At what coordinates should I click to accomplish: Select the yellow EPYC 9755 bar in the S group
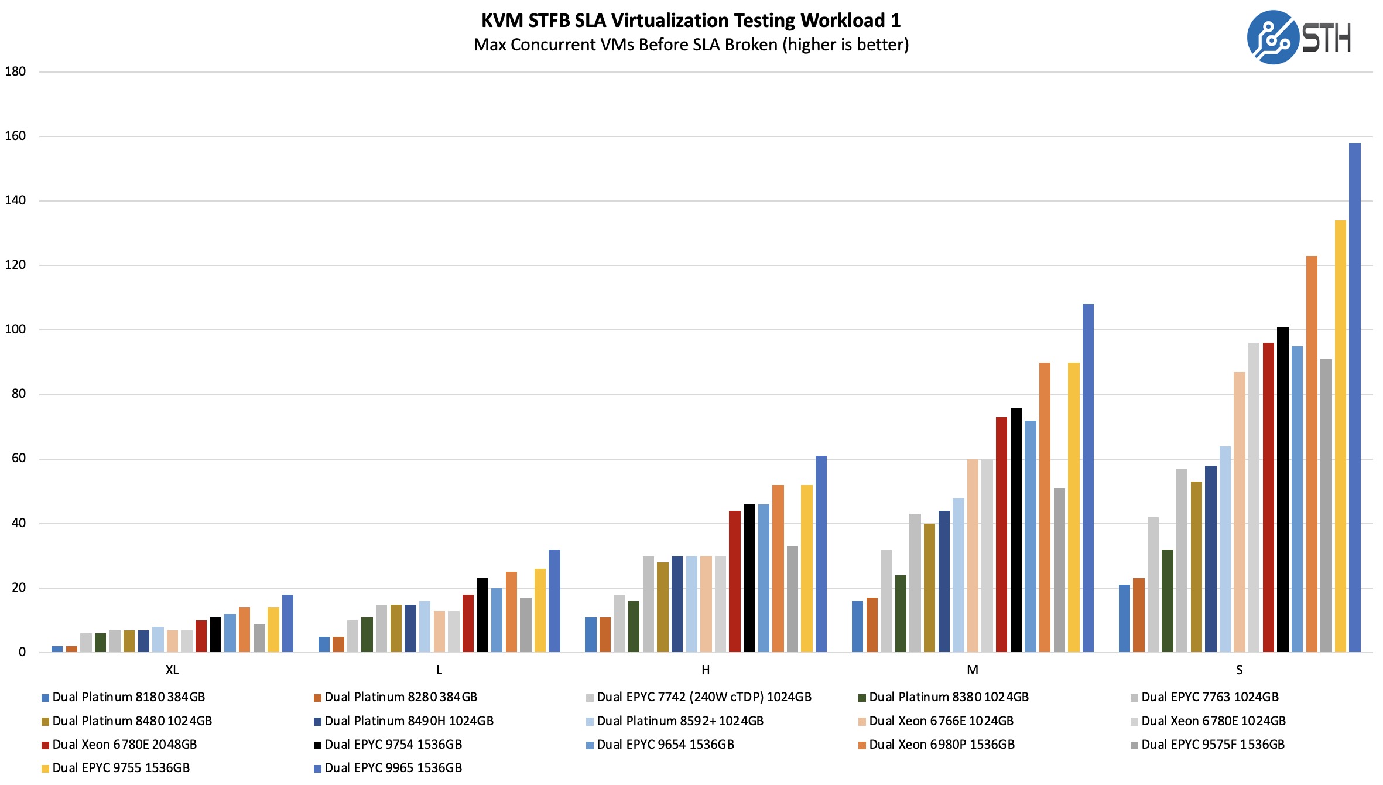coord(1340,436)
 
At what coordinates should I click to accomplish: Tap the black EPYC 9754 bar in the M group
coord(1016,530)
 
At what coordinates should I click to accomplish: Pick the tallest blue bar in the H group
coord(821,554)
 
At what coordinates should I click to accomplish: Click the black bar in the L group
coord(482,615)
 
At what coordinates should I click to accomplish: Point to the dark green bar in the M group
coord(901,613)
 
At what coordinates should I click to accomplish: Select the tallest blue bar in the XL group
coord(287,623)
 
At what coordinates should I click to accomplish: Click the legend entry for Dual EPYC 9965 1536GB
coord(393,768)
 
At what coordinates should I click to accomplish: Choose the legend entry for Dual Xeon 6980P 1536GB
coord(942,745)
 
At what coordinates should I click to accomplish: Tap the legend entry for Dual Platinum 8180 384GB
coord(128,697)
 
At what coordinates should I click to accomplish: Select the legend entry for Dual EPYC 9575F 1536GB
coord(1213,745)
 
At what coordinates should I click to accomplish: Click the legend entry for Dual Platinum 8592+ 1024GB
coord(680,721)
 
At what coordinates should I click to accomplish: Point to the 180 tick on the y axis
coord(16,71)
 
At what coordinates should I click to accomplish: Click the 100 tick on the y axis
coord(16,329)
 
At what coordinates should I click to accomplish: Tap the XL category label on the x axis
coord(172,670)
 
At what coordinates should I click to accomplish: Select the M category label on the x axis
coord(973,670)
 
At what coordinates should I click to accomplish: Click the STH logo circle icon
coord(1273,37)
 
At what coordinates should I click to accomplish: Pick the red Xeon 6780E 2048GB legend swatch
coord(45,746)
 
